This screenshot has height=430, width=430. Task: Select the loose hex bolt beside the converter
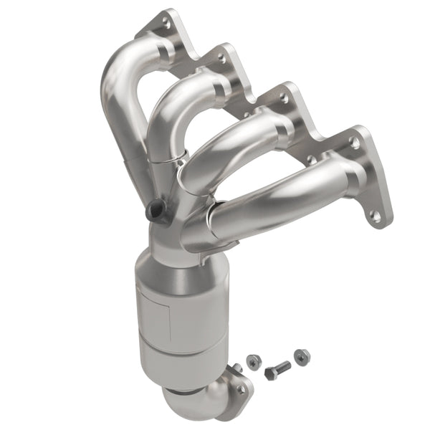[277, 370]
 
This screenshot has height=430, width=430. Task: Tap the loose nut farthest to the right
[302, 355]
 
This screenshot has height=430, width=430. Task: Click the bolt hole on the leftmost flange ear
[167, 23]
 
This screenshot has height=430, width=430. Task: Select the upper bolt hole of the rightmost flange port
[354, 143]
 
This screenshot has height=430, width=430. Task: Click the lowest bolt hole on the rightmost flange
[375, 214]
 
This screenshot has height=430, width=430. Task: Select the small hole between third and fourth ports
[311, 160]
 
